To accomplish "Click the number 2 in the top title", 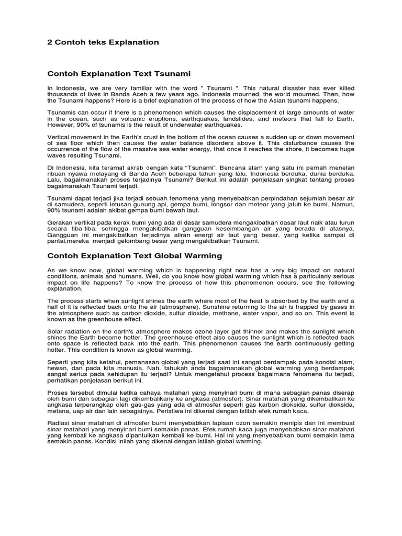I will tap(50, 41).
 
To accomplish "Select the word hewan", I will tap(58, 369).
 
